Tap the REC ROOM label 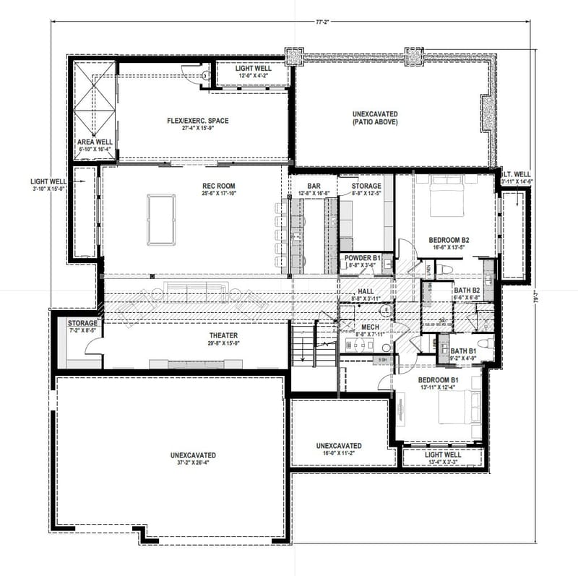[x=220, y=186]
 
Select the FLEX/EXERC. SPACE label [x=197, y=121]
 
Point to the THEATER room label [x=223, y=335]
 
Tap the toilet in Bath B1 [x=486, y=343]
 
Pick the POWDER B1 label [x=363, y=258]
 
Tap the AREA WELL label [x=95, y=142]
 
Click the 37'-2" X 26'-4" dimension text [x=193, y=464]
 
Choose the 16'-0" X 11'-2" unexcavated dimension [x=338, y=455]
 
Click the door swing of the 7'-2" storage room [x=93, y=345]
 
